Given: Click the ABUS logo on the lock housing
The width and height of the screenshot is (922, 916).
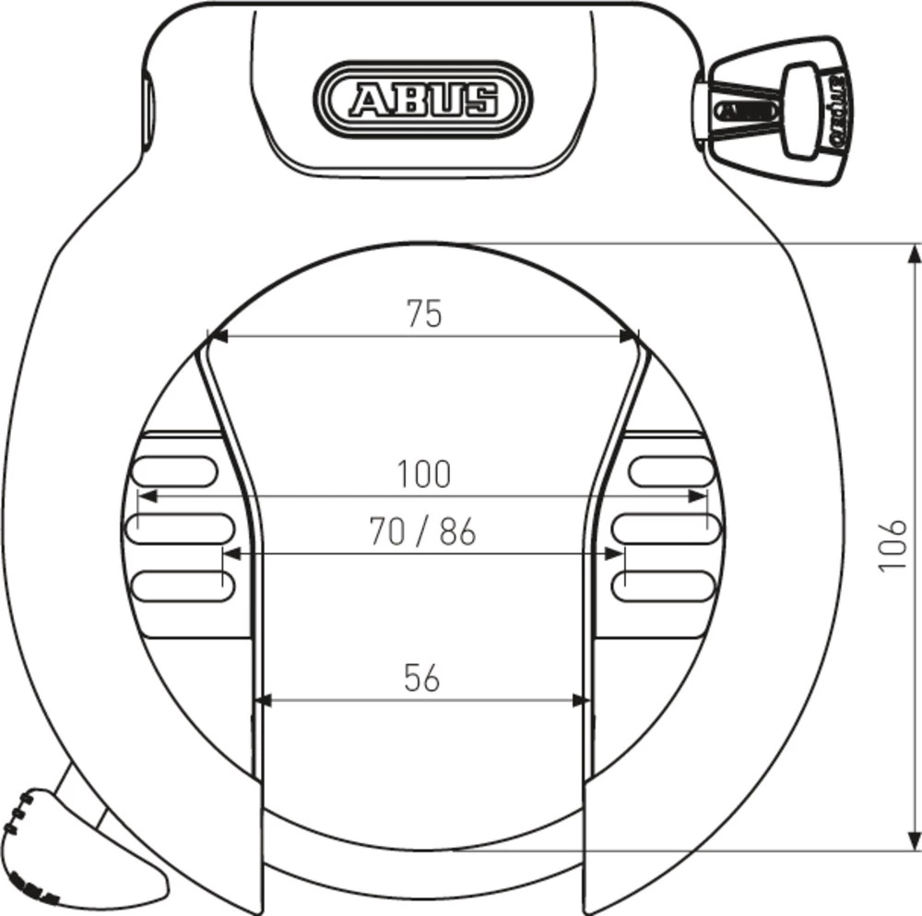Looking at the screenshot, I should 423,97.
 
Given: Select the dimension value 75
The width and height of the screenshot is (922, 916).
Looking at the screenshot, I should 424,315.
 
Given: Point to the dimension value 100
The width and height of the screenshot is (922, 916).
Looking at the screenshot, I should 424,474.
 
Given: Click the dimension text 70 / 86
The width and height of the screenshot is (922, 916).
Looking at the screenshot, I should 422,532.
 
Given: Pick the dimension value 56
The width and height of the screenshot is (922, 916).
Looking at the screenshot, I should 422,678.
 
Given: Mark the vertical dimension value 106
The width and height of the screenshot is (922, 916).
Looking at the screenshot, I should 892,544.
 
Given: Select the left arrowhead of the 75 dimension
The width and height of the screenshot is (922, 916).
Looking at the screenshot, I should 218,335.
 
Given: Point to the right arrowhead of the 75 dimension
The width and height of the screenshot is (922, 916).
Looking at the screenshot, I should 629,335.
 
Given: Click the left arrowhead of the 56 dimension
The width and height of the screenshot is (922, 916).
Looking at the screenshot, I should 262,700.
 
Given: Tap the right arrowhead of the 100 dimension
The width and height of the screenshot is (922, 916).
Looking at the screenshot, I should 699,496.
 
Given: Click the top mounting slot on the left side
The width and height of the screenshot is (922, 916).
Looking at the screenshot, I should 175,471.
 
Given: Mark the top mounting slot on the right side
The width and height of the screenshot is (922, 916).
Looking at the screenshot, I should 671,471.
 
